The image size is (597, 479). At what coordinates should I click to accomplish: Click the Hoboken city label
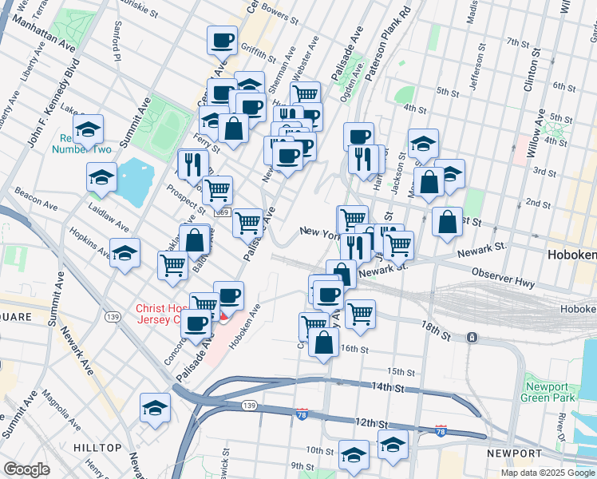571,255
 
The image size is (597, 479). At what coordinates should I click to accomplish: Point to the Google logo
27,469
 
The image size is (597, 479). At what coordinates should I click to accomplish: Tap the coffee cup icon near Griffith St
222,39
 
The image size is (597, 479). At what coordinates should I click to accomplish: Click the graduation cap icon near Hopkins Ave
125,253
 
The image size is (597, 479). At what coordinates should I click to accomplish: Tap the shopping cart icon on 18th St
360,313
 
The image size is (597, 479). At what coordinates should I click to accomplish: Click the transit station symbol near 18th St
472,338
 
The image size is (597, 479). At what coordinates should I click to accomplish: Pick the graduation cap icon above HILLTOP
155,408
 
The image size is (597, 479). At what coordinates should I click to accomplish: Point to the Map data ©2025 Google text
546,473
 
